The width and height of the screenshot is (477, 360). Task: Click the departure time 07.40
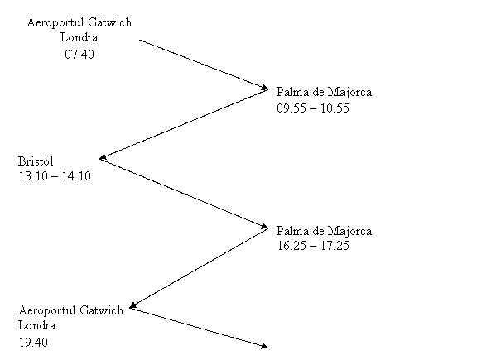tap(79, 55)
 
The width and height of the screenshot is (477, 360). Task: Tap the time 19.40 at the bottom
tap(33, 343)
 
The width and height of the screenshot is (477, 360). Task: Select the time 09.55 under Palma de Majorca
tap(291, 108)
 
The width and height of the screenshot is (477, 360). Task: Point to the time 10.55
tap(335, 108)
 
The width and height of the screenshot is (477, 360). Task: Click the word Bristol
tap(36, 161)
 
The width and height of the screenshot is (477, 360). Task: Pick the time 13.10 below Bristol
tap(33, 176)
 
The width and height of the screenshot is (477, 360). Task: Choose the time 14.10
tap(76, 176)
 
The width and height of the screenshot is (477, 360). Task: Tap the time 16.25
tap(291, 246)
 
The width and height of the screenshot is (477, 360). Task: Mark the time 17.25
tap(335, 246)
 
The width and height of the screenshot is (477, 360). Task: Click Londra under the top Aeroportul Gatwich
tap(79, 37)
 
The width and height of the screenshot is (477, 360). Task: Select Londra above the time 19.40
tap(36, 325)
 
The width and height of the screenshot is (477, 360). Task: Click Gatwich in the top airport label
tap(110, 22)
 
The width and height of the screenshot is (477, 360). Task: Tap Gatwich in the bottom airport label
tap(101, 310)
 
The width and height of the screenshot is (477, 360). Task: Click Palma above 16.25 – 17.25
tap(289, 231)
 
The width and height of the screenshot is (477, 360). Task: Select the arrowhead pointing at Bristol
tap(104, 157)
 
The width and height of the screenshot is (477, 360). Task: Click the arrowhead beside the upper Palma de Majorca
tap(265, 89)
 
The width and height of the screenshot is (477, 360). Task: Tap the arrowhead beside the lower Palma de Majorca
tap(265, 227)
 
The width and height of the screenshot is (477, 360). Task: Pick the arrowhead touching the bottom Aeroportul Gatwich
tap(132, 305)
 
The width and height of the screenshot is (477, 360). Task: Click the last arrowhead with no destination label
tap(264, 346)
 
